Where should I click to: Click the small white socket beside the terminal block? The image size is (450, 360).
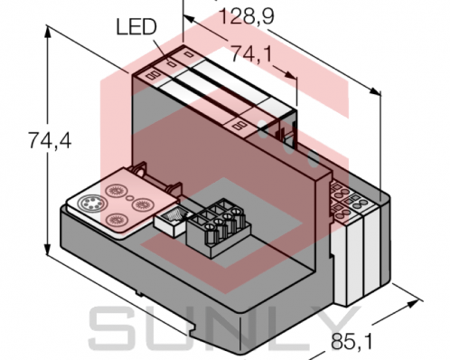click(x=169, y=217)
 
